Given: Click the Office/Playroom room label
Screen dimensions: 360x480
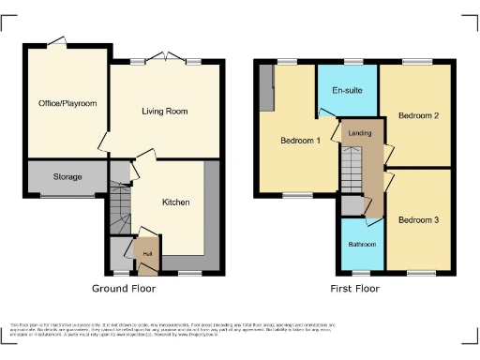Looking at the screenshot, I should [x=67, y=103].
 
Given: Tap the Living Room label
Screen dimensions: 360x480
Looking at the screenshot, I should [x=165, y=112].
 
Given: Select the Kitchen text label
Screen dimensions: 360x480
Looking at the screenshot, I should [x=175, y=202].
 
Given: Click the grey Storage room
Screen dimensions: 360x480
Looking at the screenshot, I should [x=67, y=176].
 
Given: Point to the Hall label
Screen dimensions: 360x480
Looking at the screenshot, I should [x=147, y=252].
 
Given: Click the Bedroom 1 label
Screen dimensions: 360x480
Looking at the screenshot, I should [x=301, y=142].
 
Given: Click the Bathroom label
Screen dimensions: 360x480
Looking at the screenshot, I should [x=362, y=244].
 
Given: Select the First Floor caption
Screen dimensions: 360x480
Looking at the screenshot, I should [x=354, y=288].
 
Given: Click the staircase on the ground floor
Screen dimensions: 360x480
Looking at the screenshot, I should [x=118, y=211].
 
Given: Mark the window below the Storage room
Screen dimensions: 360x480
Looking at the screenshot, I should [x=67, y=196].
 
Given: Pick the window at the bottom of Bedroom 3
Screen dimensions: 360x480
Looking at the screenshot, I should [x=418, y=273].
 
